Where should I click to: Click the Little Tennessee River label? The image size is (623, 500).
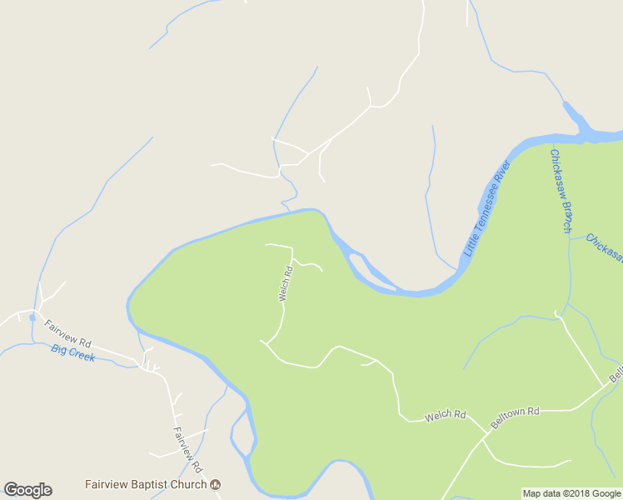click(487, 208)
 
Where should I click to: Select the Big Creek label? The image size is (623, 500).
click(73, 353)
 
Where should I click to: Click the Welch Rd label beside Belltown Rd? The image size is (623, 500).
click(445, 414)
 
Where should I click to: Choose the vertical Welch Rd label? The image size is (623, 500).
click(286, 283)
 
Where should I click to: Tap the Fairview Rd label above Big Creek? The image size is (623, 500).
click(67, 333)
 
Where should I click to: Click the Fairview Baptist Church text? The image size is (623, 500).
click(145, 484)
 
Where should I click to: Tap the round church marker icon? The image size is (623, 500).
click(215, 484)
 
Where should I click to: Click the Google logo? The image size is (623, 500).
click(27, 490)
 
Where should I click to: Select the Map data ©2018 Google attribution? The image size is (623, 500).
click(571, 493)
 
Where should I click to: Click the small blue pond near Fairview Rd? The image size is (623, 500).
click(32, 317)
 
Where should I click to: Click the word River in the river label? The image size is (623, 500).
click(501, 177)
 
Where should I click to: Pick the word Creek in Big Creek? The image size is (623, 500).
click(83, 356)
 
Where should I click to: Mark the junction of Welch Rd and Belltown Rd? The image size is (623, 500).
click(487, 433)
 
